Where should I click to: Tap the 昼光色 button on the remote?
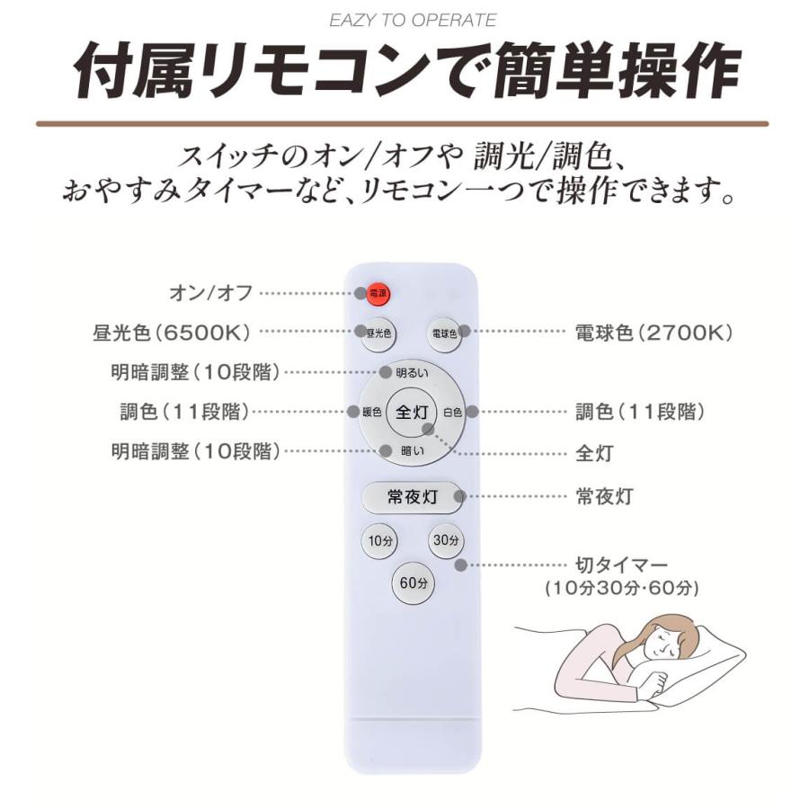point(379,332)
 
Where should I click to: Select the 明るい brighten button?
point(412,372)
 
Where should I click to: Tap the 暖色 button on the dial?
point(371,413)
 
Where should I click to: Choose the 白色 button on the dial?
point(452,413)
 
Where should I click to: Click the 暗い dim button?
point(412,451)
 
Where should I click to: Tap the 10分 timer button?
point(379,541)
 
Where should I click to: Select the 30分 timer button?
point(445,541)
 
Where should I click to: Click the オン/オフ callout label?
point(212,293)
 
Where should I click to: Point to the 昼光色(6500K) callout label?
point(170,333)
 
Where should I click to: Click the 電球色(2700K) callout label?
point(654,333)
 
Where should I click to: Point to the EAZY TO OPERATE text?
point(413,20)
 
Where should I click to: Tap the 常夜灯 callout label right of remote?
point(603,496)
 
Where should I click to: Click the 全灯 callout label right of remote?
point(593,453)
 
